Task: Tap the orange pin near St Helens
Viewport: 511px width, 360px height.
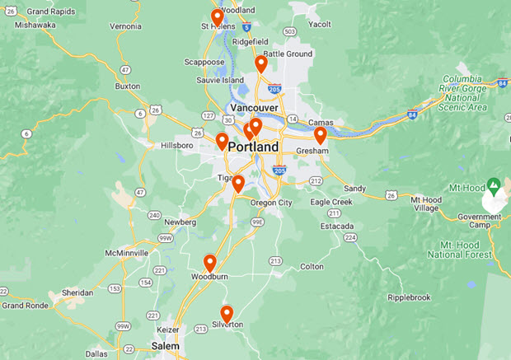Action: (218, 17)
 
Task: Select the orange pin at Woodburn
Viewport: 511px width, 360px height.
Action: (210, 263)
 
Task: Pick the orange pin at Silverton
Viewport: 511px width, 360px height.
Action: (227, 313)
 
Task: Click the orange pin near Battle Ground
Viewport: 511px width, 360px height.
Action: (261, 63)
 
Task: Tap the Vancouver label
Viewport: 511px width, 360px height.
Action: (254, 108)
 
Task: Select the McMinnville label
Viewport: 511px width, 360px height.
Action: (127, 253)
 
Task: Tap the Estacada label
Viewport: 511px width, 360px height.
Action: (338, 226)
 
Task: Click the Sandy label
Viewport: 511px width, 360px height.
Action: (354, 189)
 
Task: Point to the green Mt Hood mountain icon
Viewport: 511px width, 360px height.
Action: (493, 183)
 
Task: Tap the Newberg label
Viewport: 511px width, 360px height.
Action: (180, 222)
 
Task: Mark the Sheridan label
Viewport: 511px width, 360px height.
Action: (77, 292)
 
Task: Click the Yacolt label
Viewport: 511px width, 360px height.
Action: (319, 25)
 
